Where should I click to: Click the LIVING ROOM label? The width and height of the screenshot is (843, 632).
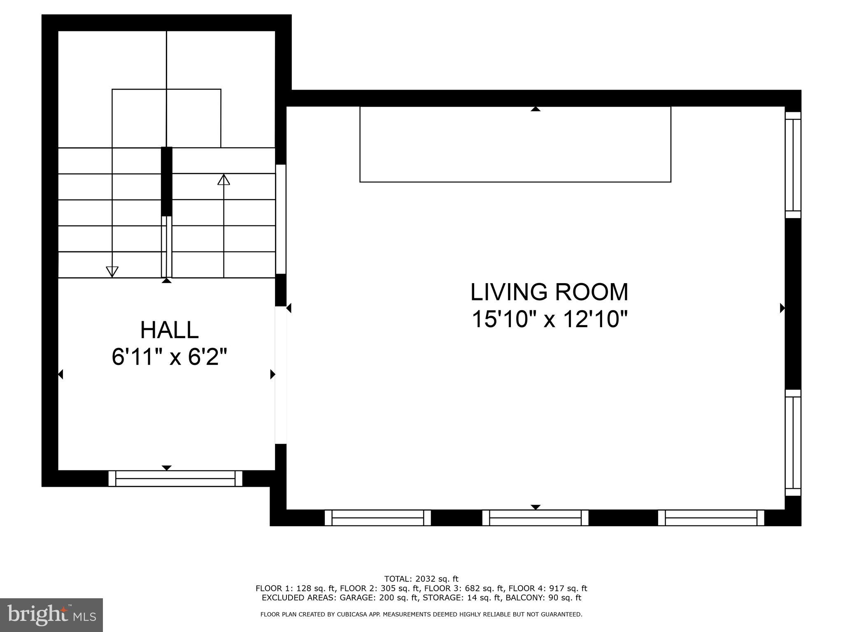(549, 292)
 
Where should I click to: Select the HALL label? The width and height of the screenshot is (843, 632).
(169, 330)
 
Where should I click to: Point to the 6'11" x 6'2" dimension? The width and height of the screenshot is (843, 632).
(169, 357)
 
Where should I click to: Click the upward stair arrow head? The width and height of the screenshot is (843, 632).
(224, 180)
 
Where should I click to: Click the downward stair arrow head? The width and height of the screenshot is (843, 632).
(112, 271)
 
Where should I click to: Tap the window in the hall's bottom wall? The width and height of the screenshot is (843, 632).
(175, 479)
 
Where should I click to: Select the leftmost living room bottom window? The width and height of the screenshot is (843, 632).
(377, 518)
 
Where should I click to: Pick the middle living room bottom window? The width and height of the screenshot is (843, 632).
(535, 518)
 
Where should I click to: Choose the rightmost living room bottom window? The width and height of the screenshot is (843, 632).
(711, 518)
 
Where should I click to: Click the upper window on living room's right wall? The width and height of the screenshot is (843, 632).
(793, 165)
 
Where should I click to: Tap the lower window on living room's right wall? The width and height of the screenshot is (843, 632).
(793, 442)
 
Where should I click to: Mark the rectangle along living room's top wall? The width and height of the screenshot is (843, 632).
(515, 144)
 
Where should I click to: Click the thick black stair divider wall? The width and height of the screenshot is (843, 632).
(166, 181)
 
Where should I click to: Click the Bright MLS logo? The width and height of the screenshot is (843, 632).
(51, 615)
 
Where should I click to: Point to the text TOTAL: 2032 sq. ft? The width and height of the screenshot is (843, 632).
(421, 579)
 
